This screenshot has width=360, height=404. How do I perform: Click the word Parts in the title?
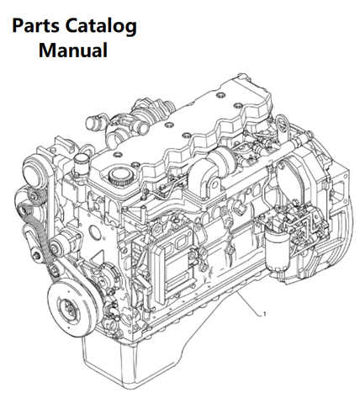(35, 26)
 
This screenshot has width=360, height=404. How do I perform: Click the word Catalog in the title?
(101, 27)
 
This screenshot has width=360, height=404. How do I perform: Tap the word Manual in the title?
(73, 50)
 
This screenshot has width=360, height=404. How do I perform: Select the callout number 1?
(264, 314)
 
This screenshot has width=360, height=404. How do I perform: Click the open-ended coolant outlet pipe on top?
(93, 122)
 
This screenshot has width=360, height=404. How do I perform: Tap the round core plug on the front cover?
(94, 231)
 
